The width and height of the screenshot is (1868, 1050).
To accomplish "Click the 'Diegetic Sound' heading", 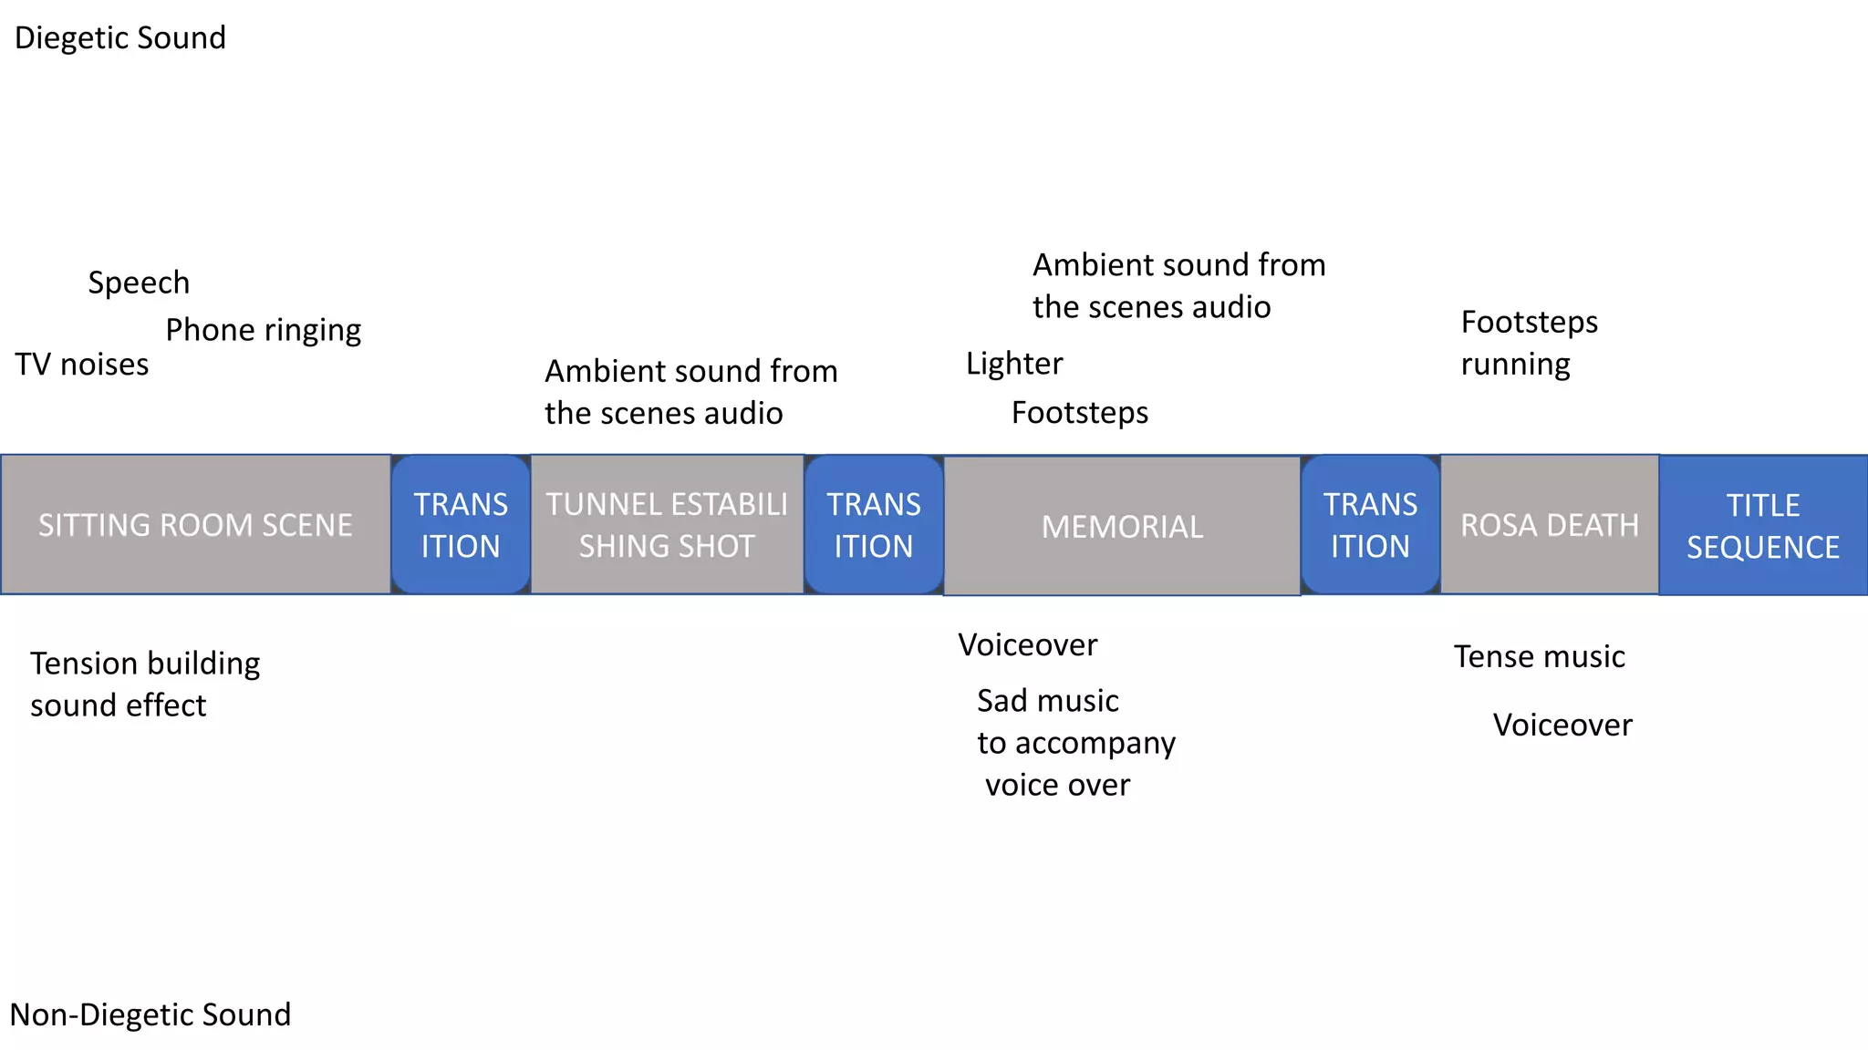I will point(120,38).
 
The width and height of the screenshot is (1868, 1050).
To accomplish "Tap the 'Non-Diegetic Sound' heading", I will point(150,1014).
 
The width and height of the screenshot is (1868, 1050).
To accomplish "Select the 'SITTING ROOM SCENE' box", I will point(195,525).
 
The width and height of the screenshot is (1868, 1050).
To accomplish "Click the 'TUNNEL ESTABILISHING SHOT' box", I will point(667,525).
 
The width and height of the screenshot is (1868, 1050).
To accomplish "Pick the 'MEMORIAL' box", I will point(1122,526).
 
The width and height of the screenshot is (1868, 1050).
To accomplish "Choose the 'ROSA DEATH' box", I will point(1549,525).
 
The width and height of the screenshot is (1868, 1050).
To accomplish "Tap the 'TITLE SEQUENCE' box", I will point(1762,526).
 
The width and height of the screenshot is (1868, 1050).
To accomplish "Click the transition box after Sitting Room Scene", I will point(461,525).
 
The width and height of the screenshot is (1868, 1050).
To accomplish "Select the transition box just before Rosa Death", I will point(1370,525).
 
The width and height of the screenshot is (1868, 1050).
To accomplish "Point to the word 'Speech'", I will point(139,283).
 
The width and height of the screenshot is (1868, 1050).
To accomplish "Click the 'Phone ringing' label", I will point(263,330).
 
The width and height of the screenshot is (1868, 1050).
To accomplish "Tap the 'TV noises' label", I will point(82,365).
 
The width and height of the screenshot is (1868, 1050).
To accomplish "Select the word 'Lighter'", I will point(1014,364).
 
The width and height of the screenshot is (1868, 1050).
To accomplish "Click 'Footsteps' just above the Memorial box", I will point(1080,413).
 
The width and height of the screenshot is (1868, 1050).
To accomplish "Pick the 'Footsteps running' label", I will point(1529,343).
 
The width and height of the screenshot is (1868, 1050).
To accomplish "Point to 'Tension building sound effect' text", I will point(144,684).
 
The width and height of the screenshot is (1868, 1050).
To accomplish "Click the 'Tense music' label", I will point(1539,656).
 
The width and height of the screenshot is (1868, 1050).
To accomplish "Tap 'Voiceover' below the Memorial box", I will point(1027,645).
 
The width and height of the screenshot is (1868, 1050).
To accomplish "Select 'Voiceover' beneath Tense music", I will point(1562,726).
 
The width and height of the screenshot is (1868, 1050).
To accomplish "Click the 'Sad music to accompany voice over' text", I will point(1074,743).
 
